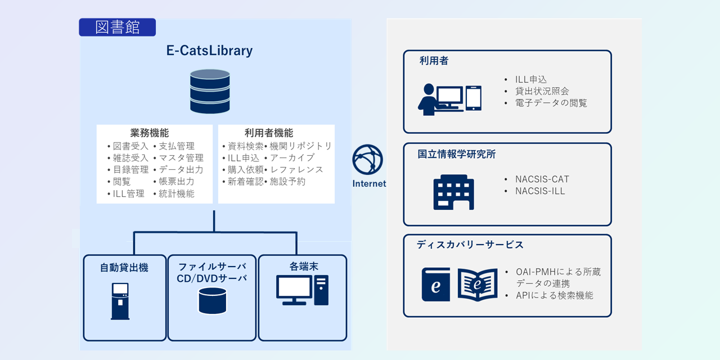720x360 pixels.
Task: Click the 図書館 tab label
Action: (117, 28)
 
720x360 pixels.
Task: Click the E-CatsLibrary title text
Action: (209, 51)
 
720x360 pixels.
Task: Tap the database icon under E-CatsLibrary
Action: (210, 91)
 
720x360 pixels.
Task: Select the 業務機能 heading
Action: (149, 133)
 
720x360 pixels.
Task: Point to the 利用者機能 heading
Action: (269, 133)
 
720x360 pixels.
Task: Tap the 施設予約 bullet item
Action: (287, 182)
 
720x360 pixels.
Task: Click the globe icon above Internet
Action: (368, 160)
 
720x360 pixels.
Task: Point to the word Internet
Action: (369, 184)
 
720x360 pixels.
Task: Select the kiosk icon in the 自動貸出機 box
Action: (120, 301)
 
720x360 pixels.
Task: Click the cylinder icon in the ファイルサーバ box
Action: (213, 300)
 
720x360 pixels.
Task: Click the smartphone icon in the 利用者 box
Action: (474, 98)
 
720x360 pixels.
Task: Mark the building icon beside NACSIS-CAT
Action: (453, 192)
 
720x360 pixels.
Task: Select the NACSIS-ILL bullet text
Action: (540, 191)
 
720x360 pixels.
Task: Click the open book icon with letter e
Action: (478, 285)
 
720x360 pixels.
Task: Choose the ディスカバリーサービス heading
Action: (470, 245)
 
